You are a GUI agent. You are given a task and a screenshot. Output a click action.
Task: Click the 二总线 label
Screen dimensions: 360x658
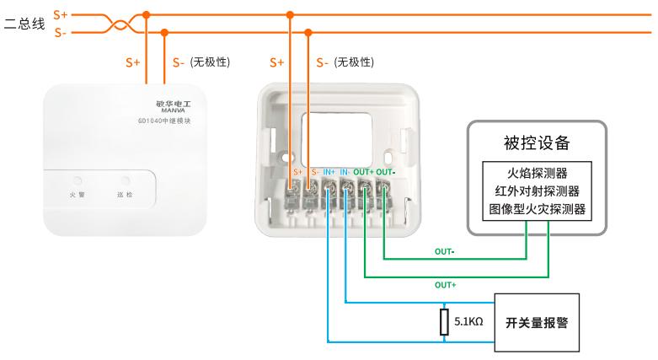[x=24, y=24]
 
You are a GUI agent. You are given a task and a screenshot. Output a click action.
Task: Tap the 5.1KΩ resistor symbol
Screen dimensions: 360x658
[x=444, y=322]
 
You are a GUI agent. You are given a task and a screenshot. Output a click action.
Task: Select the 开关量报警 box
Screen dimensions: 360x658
[x=536, y=322]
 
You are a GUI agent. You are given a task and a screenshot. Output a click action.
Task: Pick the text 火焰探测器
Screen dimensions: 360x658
[x=536, y=173]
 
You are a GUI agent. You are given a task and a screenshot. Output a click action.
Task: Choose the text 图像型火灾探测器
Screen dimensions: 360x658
[x=536, y=207]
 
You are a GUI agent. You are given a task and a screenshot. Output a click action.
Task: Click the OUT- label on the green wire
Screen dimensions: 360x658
[x=444, y=251]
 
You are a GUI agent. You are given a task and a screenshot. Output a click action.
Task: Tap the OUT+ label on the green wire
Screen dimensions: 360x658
[x=445, y=285]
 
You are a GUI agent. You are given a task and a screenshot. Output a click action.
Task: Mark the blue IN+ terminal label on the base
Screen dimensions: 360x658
[x=329, y=172]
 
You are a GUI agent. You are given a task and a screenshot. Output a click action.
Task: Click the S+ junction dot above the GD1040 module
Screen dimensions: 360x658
[x=147, y=14]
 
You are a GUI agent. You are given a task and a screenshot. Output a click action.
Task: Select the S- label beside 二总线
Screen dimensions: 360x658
[x=60, y=33]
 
